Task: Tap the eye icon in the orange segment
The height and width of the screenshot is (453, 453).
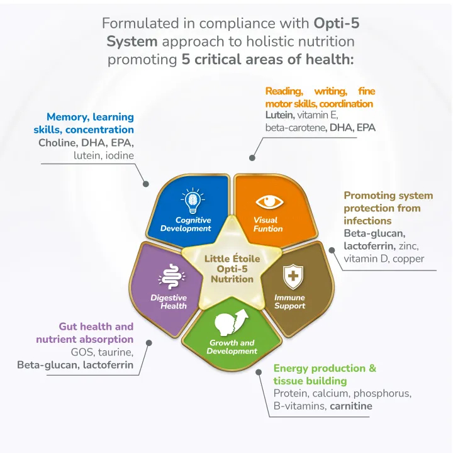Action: pyautogui.click(x=269, y=202)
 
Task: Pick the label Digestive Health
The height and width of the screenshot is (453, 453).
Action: pyautogui.click(x=169, y=302)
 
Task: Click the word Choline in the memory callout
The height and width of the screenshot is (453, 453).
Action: pyautogui.click(x=58, y=143)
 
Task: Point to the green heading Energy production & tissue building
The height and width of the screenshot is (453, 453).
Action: pyautogui.click(x=325, y=374)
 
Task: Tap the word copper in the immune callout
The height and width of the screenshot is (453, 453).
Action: pyautogui.click(x=408, y=259)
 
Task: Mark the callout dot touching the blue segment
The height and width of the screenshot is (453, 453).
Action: pyautogui.click(x=147, y=184)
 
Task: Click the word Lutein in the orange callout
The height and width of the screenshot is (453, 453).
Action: pyautogui.click(x=279, y=115)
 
